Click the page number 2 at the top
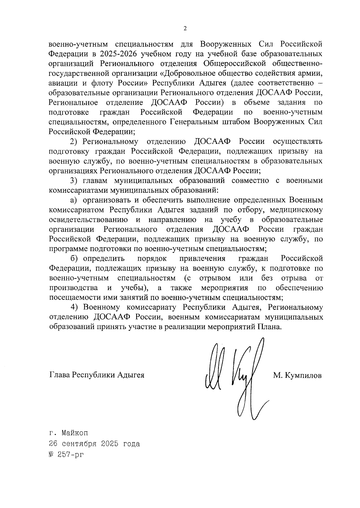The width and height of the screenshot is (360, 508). click(x=185, y=28)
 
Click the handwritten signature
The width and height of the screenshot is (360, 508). click(x=234, y=378)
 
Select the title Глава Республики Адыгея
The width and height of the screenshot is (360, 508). click(x=97, y=375)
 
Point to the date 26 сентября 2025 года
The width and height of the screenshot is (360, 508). click(x=94, y=444)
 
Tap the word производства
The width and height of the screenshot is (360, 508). click(x=73, y=288)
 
